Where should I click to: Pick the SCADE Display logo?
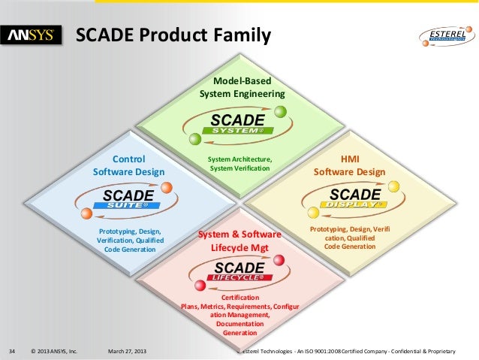(x=354, y=199)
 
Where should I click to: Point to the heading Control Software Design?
(x=128, y=165)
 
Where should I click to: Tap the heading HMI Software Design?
(x=350, y=165)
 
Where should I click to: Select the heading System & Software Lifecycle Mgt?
(x=239, y=241)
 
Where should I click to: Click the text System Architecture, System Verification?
(x=239, y=164)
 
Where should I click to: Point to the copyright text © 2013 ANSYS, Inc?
(x=54, y=350)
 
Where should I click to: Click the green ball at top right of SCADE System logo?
(x=280, y=111)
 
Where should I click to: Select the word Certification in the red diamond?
(x=241, y=298)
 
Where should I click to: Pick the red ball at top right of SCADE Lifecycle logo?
(x=279, y=261)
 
